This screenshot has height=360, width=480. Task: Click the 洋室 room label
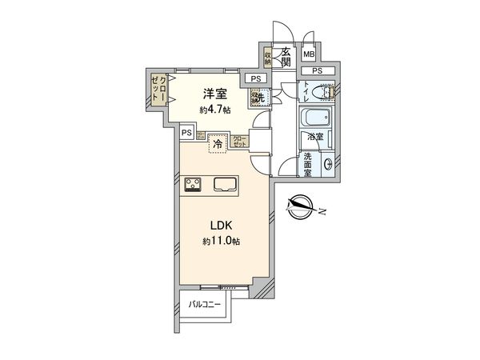[x=211, y=94]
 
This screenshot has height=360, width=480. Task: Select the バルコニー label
[x=205, y=304]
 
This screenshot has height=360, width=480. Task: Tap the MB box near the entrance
[x=308, y=54]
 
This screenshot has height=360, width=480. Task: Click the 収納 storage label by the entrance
[x=268, y=58]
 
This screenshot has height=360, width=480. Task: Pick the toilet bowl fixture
[x=328, y=92]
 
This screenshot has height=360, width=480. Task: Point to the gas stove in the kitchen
[x=193, y=185]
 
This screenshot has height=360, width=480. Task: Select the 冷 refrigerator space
[x=217, y=145]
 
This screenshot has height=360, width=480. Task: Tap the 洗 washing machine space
[x=257, y=97]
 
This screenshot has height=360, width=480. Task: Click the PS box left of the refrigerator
[x=186, y=133]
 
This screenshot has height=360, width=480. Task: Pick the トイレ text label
[x=307, y=93]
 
